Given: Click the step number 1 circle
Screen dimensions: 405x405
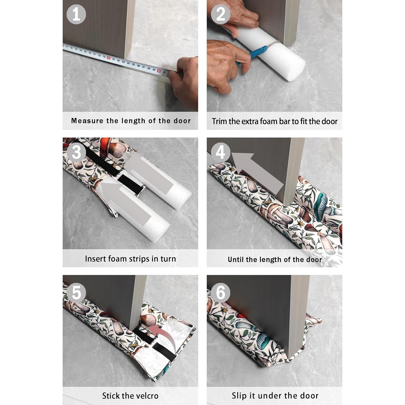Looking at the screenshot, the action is coord(76,14).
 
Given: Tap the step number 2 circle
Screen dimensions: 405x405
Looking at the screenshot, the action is coord(221,14).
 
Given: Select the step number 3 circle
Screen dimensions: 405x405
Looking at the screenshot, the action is coord(76,152).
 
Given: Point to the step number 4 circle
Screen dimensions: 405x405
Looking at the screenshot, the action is coord(221,152).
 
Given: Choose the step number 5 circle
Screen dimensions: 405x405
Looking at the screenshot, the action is coord(76,292).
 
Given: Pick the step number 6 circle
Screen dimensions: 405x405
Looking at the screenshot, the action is coord(221,292).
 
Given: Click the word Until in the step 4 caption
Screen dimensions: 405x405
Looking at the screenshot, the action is coord(236,259).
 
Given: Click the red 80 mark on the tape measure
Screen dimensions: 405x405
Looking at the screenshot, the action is coord(109,58).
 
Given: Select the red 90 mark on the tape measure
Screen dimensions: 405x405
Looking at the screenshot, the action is coord(159,71).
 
